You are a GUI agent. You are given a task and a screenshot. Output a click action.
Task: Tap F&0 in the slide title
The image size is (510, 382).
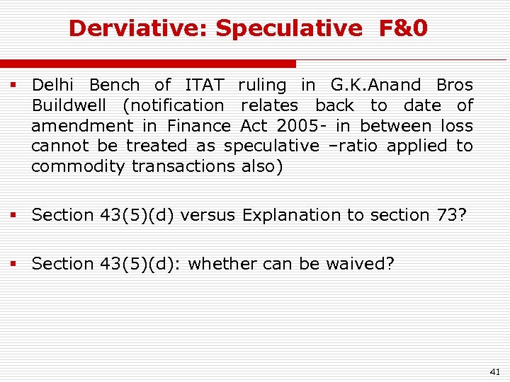[403, 28]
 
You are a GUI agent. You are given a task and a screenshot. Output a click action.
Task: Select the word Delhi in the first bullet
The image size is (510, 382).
[57, 86]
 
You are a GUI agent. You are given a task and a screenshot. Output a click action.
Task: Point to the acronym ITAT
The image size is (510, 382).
[204, 86]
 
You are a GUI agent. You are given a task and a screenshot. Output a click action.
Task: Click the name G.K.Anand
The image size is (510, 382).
[375, 86]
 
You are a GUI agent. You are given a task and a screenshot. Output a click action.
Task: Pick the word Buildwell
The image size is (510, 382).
[69, 106]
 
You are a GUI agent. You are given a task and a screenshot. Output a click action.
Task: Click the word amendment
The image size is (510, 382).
[81, 126]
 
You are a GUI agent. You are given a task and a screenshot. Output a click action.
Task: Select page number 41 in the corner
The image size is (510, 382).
[494, 371]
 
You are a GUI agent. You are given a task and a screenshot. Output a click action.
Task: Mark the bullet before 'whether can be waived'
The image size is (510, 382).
[13, 264]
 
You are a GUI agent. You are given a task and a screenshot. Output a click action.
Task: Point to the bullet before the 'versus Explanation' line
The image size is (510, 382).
[13, 214]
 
